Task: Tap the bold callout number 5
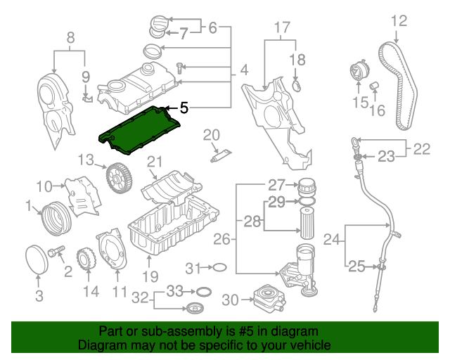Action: click(x=184, y=108)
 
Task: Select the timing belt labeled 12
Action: click(x=397, y=86)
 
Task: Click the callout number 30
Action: click(x=230, y=300)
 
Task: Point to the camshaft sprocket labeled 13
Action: click(x=119, y=178)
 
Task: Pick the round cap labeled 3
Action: click(x=37, y=260)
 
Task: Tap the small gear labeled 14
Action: click(x=86, y=259)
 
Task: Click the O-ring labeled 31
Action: click(x=220, y=267)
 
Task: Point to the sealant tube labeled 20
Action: click(x=221, y=156)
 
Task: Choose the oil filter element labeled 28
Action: click(x=307, y=223)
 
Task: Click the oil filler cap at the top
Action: click(x=157, y=27)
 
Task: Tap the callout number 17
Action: click(x=282, y=27)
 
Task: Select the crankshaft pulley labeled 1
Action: click(x=55, y=219)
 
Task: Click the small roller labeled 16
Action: click(x=373, y=85)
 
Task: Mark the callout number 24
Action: click(x=332, y=239)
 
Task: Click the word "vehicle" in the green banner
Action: click(x=310, y=345)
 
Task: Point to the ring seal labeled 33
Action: click(x=204, y=292)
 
